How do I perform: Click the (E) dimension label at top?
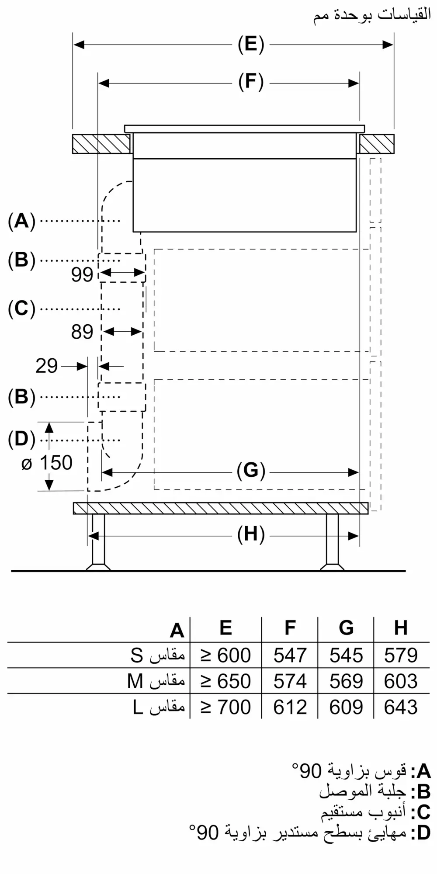tap(251, 45)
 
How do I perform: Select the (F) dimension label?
tap(251, 83)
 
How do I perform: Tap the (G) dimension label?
tap(251, 471)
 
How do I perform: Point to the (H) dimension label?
tap(251, 534)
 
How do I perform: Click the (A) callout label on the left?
tap(21, 221)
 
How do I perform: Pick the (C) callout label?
tap(21, 309)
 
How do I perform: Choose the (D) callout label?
tap(21, 440)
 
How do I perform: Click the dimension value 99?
tap(82, 275)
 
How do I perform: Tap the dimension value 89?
tap(82, 332)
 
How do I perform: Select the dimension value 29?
tap(46, 366)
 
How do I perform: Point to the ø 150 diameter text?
tap(47, 463)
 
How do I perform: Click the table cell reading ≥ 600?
tap(225, 655)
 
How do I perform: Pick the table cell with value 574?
tap(290, 681)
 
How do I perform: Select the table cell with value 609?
tap(346, 707)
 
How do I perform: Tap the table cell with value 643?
tap(401, 707)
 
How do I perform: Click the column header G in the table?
tap(346, 628)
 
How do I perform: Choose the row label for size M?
tap(156, 681)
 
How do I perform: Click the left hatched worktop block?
tap(101, 144)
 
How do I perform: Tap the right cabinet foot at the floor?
tap(332, 567)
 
